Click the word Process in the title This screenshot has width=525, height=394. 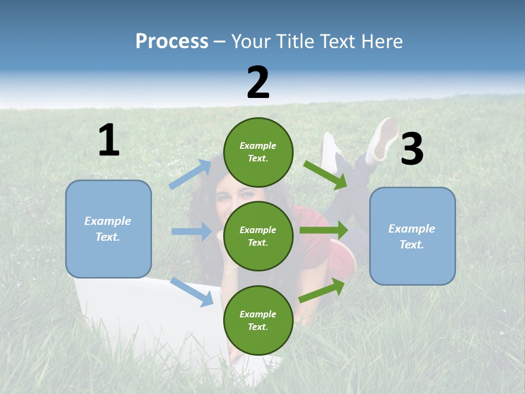(172, 42)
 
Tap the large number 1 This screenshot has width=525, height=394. (109, 140)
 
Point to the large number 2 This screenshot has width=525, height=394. (258, 83)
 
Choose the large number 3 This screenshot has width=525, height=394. (412, 149)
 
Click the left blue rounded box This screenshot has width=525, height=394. (108, 229)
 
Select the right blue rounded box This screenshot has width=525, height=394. (412, 236)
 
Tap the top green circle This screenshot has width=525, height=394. (258, 152)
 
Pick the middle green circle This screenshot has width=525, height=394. (258, 236)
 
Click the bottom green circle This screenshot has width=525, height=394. (258, 320)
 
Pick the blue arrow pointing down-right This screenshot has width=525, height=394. (192, 292)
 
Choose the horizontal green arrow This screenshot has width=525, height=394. (324, 230)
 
